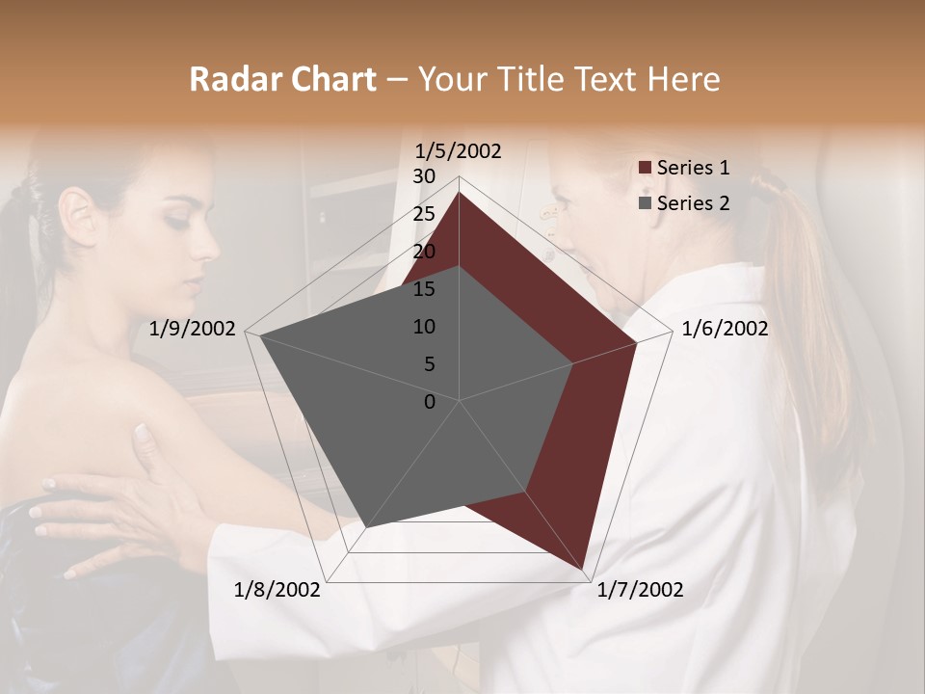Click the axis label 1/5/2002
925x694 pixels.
(459, 151)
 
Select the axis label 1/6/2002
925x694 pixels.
(725, 329)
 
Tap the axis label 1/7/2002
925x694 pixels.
(640, 590)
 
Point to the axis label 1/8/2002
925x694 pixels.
(277, 590)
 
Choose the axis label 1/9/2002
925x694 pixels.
(193, 329)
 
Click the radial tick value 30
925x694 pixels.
(424, 176)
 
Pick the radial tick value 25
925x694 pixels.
(424, 214)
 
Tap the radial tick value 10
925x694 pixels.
(424, 327)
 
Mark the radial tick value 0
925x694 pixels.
(430, 402)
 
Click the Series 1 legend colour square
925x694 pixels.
(646, 169)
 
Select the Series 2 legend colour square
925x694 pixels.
(646, 203)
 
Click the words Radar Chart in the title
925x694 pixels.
(282, 80)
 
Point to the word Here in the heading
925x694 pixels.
(683, 80)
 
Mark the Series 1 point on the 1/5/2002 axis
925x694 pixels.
(459, 192)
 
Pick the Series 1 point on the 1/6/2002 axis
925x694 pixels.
(637, 342)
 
